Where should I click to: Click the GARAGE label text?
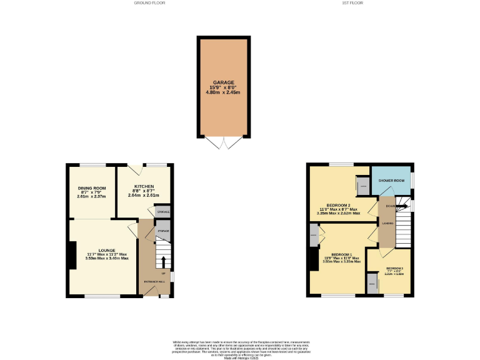pos(223,82)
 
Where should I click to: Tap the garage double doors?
pos(223,143)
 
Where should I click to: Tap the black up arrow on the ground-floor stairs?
pos(164,261)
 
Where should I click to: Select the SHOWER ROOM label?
pos(392,181)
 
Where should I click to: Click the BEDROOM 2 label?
pos(338,204)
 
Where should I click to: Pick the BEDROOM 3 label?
pos(394,268)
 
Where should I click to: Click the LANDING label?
pos(387,222)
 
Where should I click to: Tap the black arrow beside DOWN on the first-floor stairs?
pos(400,206)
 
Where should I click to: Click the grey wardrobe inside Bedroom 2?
pos(362,185)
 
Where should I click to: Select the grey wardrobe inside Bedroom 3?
pos(372,285)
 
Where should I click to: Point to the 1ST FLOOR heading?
pos(352,3)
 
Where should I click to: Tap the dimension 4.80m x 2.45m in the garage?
pos(223,92)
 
